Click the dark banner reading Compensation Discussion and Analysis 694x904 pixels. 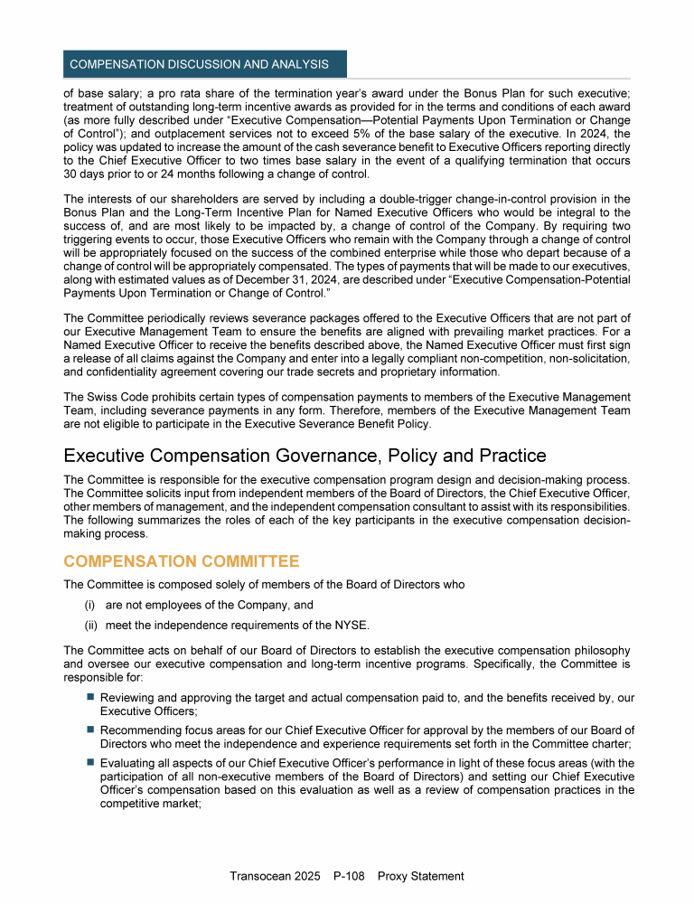(x=200, y=64)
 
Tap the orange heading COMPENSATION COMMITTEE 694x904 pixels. (x=182, y=561)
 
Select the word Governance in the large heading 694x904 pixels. (x=335, y=454)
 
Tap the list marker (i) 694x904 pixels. (x=90, y=605)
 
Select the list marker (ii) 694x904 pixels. (x=90, y=625)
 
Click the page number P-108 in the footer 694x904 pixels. (x=349, y=876)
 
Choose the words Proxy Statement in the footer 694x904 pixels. (x=421, y=876)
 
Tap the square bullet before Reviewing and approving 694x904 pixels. (x=90, y=698)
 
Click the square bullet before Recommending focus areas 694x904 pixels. (x=90, y=730)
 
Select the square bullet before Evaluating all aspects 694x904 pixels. (x=90, y=762)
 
